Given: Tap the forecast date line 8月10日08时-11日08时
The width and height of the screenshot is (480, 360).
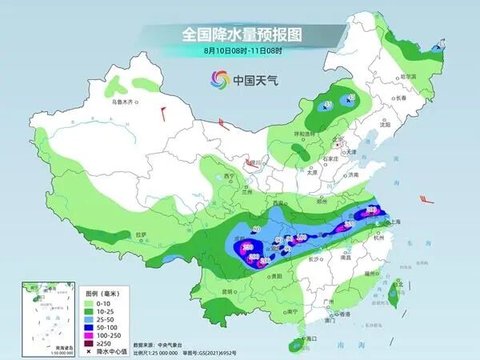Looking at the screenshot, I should [x=241, y=50].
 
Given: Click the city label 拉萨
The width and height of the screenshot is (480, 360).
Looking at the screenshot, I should [x=142, y=234].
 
